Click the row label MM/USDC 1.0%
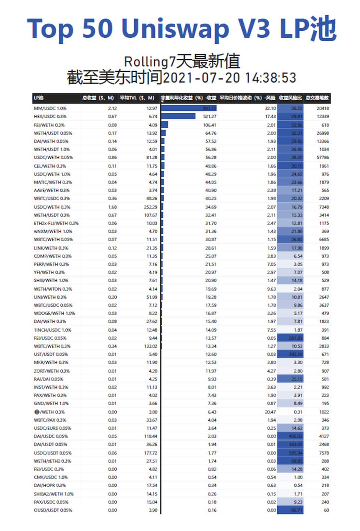[x=50, y=108]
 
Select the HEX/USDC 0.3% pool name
[x=50, y=117]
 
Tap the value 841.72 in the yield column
[x=210, y=108]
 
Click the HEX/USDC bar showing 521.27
[x=178, y=117]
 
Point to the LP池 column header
[x=39, y=98]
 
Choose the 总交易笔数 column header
[x=317, y=98]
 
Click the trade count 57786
[x=322, y=158]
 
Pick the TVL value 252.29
[x=150, y=207]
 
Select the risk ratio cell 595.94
[x=295, y=453]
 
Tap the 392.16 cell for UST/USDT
[x=295, y=354]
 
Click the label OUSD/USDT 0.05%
[x=53, y=510]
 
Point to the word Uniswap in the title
[x=175, y=29]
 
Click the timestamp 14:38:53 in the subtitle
[x=270, y=78]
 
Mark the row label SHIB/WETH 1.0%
[x=51, y=281]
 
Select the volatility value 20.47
[x=270, y=412]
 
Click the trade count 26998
[x=322, y=133]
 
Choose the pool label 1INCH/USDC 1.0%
[x=52, y=330]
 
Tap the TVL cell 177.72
[x=150, y=453]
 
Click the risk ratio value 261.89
[x=295, y=338]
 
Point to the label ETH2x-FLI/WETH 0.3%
[x=56, y=223]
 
